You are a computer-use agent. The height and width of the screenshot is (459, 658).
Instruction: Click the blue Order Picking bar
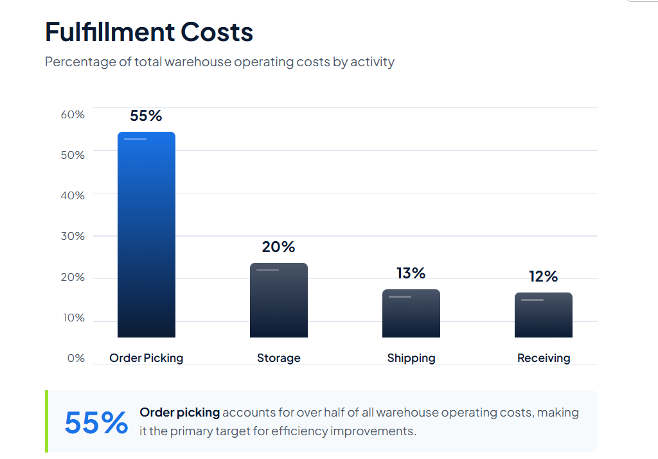(x=147, y=235)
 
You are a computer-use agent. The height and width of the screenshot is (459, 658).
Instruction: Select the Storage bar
(x=279, y=300)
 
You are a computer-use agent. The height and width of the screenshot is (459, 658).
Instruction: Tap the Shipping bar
(x=411, y=314)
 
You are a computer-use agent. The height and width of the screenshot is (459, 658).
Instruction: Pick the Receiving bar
(x=544, y=315)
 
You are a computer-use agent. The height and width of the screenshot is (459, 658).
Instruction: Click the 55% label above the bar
(x=146, y=116)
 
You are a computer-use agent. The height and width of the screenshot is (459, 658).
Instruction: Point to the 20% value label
(x=278, y=247)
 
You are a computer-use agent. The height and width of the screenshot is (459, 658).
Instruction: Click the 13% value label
(x=411, y=273)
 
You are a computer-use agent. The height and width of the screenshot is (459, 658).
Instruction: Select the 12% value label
(x=544, y=276)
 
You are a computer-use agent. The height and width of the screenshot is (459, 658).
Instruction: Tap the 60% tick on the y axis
(x=73, y=114)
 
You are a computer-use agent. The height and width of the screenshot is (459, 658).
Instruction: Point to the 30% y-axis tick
(x=73, y=236)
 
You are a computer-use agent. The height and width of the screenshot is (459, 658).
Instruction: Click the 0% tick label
(x=76, y=358)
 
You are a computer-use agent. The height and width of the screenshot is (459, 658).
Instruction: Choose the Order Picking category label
(x=147, y=358)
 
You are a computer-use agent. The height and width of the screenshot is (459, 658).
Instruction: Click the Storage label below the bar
(x=279, y=358)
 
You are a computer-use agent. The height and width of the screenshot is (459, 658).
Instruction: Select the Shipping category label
(x=411, y=358)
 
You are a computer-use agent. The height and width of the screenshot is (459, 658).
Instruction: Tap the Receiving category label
(x=544, y=358)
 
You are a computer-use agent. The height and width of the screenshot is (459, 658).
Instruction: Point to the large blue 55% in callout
(x=96, y=422)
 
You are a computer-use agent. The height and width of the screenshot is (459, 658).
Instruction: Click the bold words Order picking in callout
(x=180, y=413)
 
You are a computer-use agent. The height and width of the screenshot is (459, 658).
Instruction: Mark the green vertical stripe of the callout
(x=47, y=421)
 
